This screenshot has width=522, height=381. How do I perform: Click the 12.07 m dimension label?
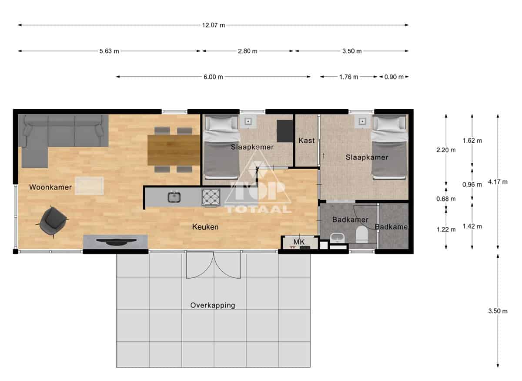(213, 25)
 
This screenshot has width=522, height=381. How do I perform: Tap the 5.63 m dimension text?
(109, 51)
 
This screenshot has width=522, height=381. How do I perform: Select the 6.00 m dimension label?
(213, 77)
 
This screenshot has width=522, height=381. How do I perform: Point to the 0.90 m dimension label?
(394, 77)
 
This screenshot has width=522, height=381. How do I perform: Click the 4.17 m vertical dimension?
(498, 182)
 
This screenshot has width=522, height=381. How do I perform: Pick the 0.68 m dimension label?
(446, 199)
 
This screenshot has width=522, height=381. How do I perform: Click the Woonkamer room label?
(50, 187)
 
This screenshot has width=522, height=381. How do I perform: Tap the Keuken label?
(205, 227)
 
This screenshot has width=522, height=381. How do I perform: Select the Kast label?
(306, 141)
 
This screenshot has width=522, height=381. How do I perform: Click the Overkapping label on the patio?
(213, 305)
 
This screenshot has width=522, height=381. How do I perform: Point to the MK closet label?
(299, 242)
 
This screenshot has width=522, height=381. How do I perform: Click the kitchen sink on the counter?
(174, 197)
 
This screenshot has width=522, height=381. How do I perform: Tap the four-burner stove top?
(211, 197)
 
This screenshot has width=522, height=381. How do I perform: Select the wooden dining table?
(174, 150)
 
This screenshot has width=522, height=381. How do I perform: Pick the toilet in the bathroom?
(362, 234)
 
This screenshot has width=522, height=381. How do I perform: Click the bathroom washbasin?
(337, 238)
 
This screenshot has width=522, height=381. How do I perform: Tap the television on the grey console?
(117, 242)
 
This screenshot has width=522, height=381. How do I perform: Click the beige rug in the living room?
(89, 186)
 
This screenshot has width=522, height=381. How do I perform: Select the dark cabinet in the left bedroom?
(285, 131)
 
